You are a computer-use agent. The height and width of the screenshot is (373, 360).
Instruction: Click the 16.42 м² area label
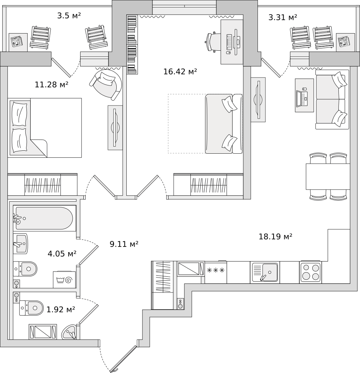[x=180, y=71]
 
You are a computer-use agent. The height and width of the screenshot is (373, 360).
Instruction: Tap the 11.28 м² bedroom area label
[x=51, y=84]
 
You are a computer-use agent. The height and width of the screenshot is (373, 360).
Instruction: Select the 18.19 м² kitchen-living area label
[x=275, y=236]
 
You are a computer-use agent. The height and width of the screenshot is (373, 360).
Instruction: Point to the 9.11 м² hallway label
[x=124, y=244]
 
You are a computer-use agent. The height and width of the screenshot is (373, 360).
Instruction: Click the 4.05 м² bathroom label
[x=62, y=254]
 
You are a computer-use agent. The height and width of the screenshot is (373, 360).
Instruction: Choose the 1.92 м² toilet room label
[x=61, y=310]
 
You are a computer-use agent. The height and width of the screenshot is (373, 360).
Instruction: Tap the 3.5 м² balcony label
[x=69, y=16]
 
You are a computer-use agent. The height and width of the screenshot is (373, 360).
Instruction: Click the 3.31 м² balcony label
[x=283, y=17]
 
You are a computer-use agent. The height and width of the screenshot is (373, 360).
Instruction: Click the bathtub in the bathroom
[x=44, y=218]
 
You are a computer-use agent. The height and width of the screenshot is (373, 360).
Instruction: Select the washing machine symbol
[x=64, y=279]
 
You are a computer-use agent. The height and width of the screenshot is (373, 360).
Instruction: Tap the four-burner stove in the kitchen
[x=310, y=272]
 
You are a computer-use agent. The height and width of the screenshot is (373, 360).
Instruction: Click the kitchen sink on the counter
[x=265, y=272]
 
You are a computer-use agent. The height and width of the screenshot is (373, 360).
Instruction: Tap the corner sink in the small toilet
[x=69, y=332]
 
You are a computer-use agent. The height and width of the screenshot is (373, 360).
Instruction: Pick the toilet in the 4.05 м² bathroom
[x=25, y=269]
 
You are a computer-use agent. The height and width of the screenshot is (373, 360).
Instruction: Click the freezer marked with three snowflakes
[x=215, y=272]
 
